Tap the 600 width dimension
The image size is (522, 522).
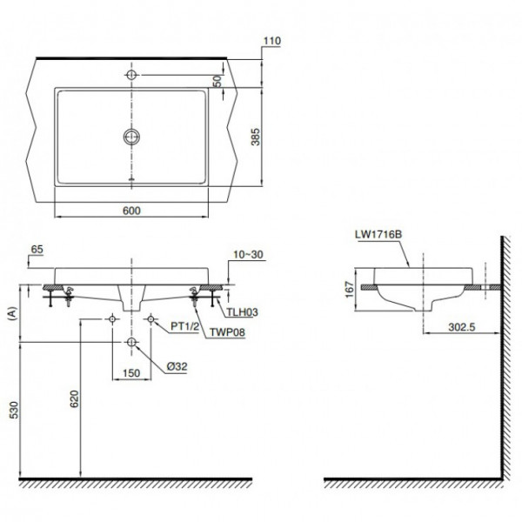pyautogui.click(x=132, y=209)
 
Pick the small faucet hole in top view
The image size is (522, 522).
pyautogui.click(x=131, y=74)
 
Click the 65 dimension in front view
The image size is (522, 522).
pyautogui.click(x=36, y=249)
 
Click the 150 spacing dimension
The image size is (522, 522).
pyautogui.click(x=130, y=373)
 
